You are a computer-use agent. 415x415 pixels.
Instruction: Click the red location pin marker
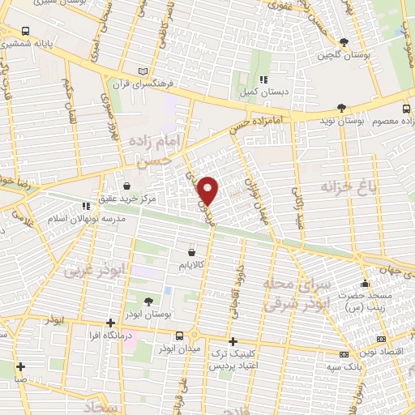[x=208, y=190]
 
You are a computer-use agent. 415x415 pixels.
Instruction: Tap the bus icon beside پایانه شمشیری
[x=27, y=32]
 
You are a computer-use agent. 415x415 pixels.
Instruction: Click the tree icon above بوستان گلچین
[x=344, y=41]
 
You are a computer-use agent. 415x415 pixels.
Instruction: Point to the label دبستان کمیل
[x=263, y=92]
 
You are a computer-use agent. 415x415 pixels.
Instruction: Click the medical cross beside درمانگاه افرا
[x=110, y=323]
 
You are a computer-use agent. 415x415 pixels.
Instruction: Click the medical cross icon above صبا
[x=20, y=366]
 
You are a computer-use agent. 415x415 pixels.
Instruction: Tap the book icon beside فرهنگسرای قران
[x=144, y=70]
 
